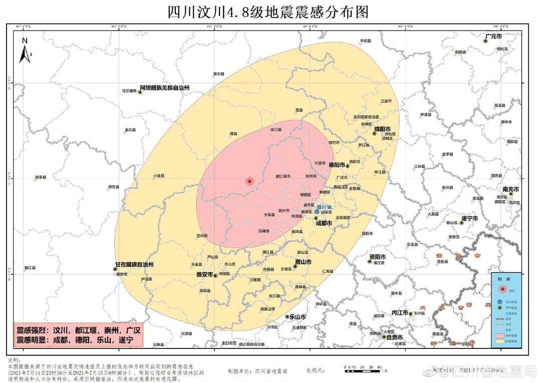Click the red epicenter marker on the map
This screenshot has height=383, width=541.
coord(249,181)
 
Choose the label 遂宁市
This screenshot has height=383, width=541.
coord(469,219)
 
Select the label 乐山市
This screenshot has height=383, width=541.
coord(298,317)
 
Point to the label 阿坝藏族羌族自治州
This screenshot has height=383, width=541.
coord(164,88)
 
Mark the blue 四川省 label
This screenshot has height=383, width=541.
coord(326,207)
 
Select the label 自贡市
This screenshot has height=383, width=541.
coord(395,337)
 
